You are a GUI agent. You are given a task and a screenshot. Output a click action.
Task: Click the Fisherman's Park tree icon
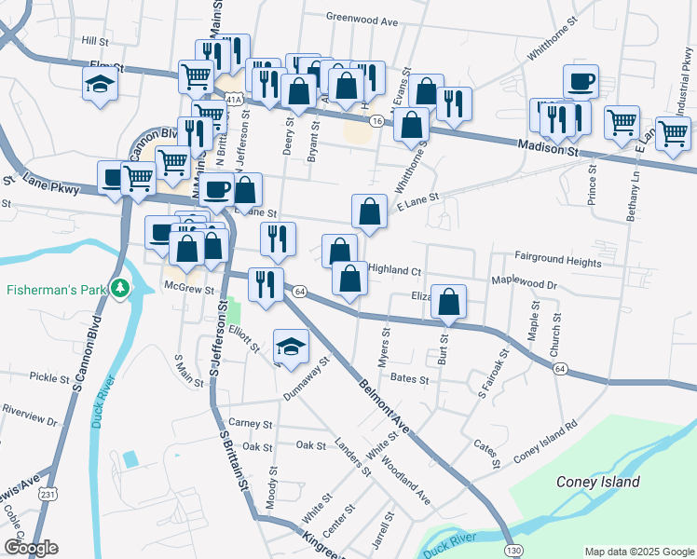[x=119, y=290]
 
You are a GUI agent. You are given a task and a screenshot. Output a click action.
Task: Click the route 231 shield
[x=44, y=494]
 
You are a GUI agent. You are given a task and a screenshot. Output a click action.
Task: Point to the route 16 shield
[x=376, y=122]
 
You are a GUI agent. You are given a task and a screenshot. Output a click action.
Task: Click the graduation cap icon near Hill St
[x=100, y=85]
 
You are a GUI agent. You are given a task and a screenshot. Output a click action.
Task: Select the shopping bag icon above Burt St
[x=448, y=302]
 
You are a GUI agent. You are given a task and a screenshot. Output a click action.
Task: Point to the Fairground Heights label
[x=558, y=263]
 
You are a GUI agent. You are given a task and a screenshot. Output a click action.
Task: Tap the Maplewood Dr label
[x=524, y=282]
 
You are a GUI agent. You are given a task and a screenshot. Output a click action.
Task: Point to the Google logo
[x=30, y=548]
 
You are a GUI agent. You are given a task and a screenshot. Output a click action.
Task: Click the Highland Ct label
[x=395, y=269]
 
